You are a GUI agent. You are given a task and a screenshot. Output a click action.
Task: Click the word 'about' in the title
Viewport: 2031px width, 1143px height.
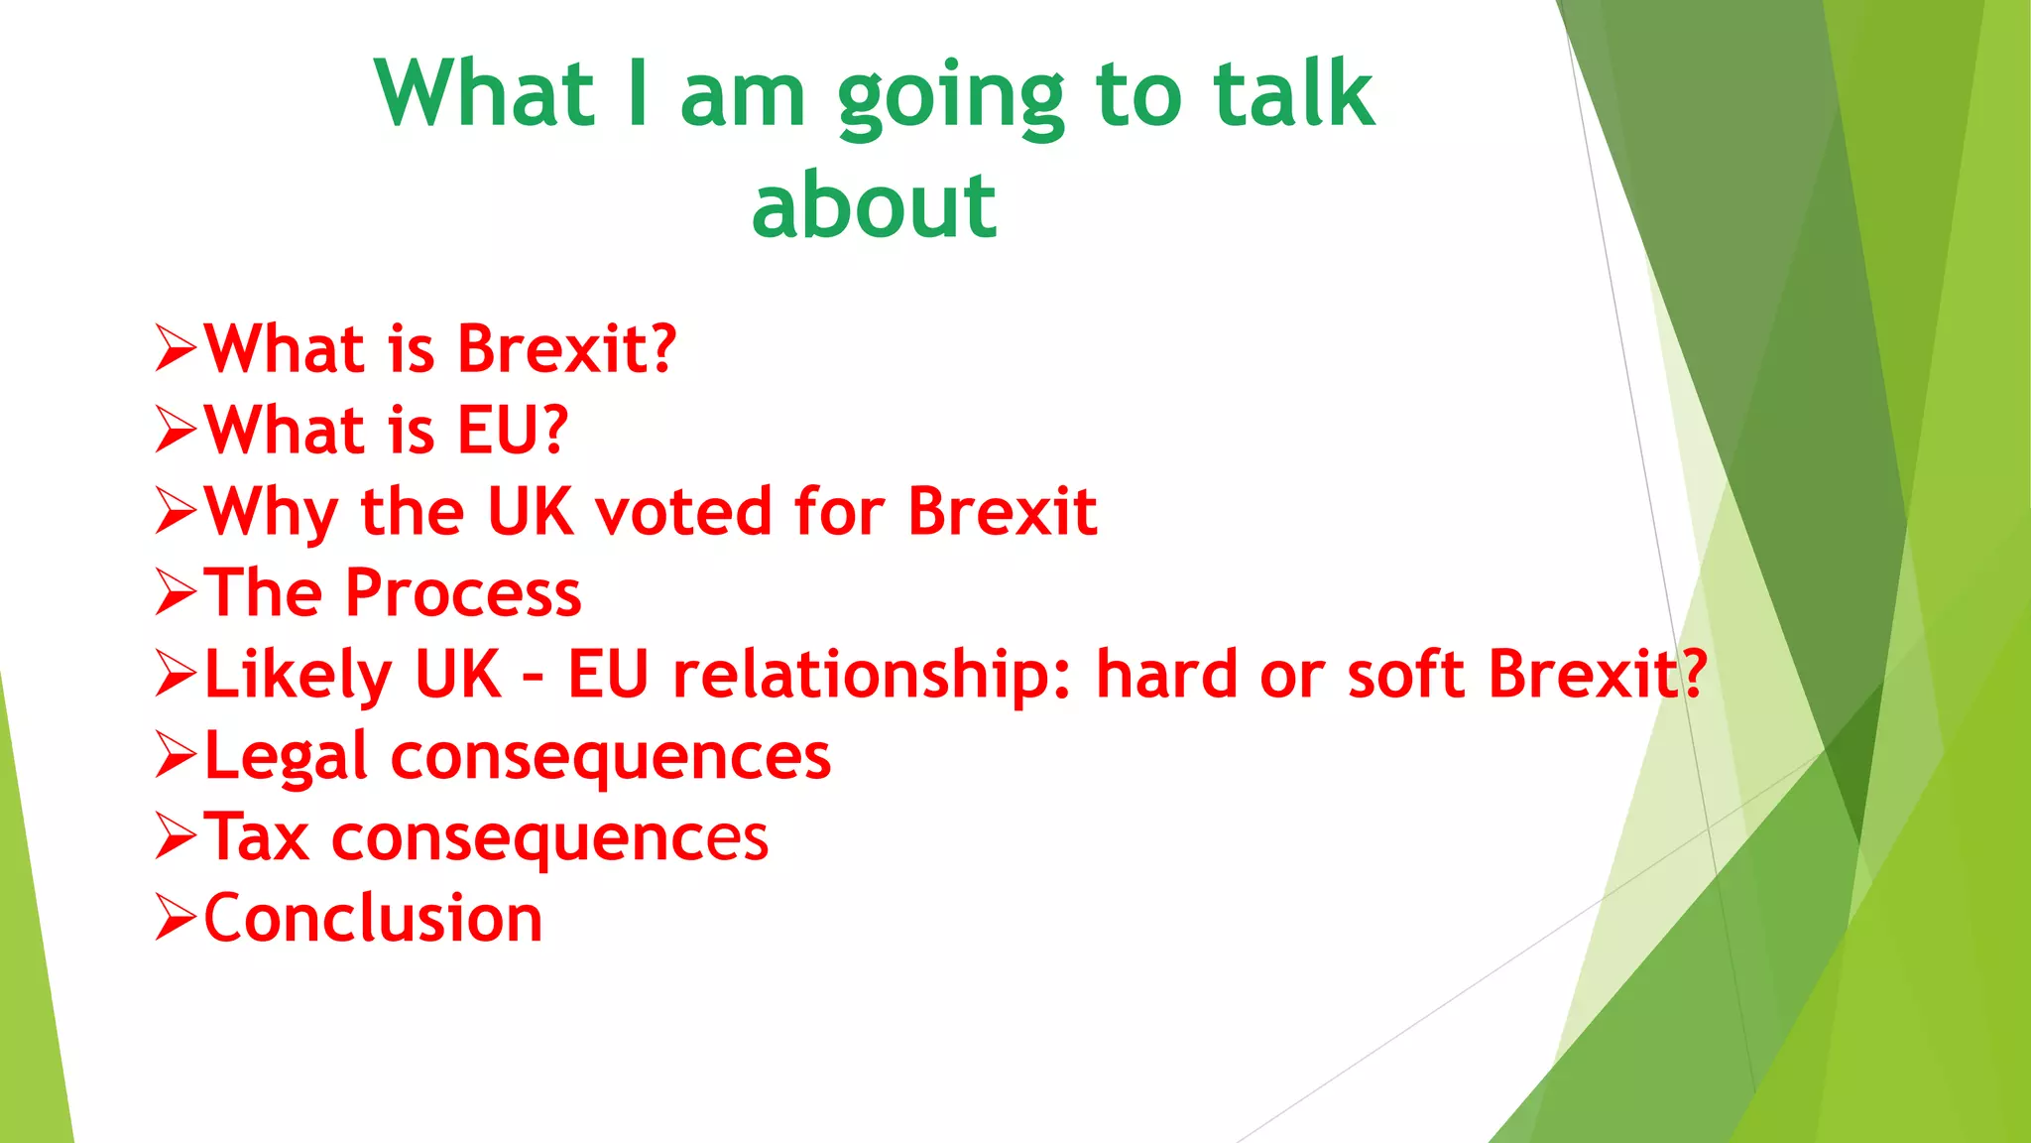click(874, 205)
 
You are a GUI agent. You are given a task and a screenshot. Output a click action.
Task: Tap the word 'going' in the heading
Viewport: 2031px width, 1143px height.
click(950, 96)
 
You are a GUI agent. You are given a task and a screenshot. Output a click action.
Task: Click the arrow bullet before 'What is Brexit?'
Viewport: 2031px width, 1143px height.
click(177, 349)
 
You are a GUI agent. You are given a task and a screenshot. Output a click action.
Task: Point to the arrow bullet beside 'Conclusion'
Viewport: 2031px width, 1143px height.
click(177, 918)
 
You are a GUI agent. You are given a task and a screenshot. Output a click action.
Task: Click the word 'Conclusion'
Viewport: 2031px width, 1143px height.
click(373, 918)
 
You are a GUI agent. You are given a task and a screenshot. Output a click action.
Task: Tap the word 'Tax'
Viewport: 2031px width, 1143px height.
click(257, 836)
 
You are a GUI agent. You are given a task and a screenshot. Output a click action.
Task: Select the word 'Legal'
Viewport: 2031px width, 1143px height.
click(287, 757)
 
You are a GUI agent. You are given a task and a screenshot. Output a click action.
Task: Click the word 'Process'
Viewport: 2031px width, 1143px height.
click(463, 593)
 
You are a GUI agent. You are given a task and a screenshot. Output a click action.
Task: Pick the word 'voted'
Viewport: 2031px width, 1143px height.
click(683, 512)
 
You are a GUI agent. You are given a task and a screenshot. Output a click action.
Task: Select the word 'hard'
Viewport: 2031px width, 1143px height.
click(1166, 675)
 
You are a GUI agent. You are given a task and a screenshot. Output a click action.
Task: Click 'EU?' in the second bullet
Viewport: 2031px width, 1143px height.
click(512, 431)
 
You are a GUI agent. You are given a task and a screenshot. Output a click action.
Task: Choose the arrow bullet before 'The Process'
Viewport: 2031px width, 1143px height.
click(177, 593)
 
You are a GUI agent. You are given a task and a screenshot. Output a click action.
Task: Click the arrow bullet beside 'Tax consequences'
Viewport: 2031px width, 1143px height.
click(177, 836)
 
